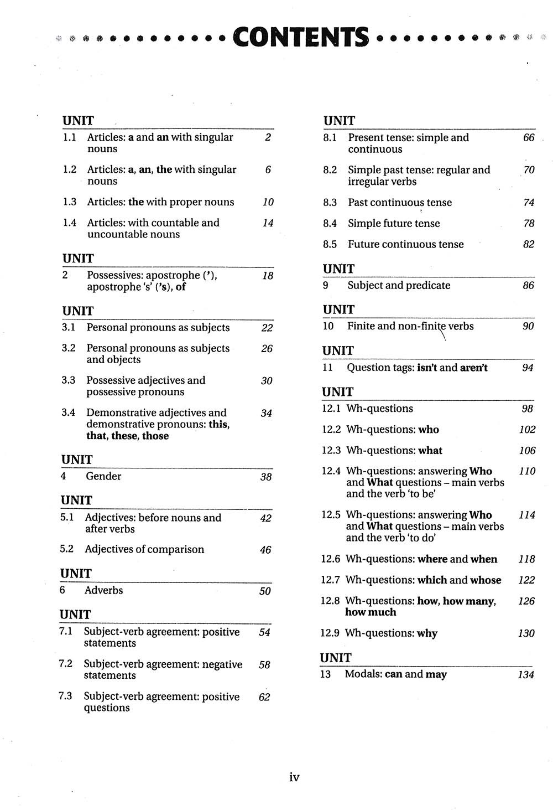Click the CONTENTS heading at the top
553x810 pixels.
[x=300, y=37]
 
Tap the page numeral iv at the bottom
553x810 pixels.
[x=294, y=777]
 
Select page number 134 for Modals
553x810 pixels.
[x=526, y=674]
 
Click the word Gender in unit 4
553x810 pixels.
[x=103, y=476]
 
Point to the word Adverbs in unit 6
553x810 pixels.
[x=104, y=590]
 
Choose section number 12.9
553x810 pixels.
[x=330, y=633]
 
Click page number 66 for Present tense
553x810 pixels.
[x=529, y=137]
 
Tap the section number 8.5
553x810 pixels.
[x=330, y=244]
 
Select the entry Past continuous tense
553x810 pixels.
[x=400, y=203]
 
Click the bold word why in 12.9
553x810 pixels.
[x=427, y=633]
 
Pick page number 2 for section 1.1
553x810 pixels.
[x=268, y=137]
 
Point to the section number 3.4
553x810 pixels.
[x=69, y=412]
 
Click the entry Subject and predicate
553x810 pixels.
[x=399, y=285]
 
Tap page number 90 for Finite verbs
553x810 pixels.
[x=528, y=326]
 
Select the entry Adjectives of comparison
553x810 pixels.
[x=144, y=549]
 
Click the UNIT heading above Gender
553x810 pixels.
[x=77, y=460]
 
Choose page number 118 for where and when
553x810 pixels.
[x=526, y=559]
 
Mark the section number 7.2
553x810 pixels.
[x=66, y=664]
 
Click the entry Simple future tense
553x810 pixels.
[x=394, y=223]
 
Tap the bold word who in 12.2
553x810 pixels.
[x=429, y=430]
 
